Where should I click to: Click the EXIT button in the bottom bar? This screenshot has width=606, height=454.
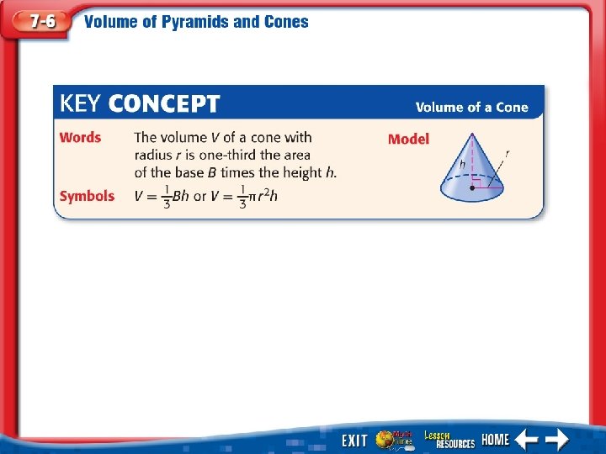click(354, 441)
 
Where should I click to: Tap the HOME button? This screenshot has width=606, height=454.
click(495, 440)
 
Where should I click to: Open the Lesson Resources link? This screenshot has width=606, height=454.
click(449, 439)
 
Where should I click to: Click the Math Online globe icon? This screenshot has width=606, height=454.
click(394, 439)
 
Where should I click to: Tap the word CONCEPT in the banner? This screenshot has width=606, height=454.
click(164, 104)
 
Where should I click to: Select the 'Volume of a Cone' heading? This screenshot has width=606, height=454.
click(471, 107)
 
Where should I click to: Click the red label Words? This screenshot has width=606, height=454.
click(80, 137)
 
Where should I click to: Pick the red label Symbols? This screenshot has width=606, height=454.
click(87, 196)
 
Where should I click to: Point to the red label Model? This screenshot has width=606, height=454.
click(408, 139)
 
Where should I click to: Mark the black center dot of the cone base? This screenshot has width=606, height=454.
click(471, 188)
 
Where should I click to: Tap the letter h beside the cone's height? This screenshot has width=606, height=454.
click(462, 163)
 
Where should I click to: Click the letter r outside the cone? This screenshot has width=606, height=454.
click(507, 153)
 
